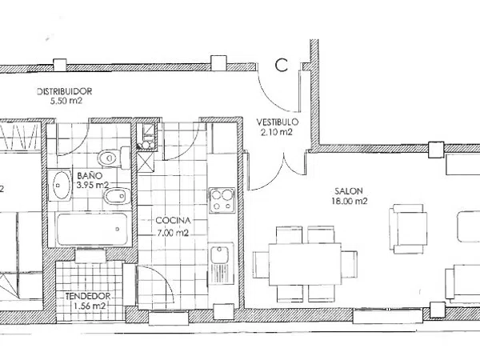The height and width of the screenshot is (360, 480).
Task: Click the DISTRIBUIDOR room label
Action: point(64,91)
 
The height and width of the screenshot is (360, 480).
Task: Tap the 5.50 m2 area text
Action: point(66,101)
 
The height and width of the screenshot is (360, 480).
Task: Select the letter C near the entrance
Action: point(282,66)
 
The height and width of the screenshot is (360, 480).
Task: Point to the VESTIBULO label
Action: point(278,122)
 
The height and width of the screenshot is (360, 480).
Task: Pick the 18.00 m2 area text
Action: point(350,201)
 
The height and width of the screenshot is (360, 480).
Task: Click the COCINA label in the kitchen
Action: point(173,221)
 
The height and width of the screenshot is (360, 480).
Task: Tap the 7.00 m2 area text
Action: point(173,233)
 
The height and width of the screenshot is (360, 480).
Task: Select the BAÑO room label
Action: point(90,176)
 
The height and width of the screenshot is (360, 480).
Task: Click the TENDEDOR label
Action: point(88,296)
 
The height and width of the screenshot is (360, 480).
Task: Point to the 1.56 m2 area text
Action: point(90,306)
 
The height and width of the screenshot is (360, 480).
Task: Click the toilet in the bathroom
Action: point(114,158)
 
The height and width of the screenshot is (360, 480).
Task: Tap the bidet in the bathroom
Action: point(118,196)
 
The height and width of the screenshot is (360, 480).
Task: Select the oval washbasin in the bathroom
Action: point(60,186)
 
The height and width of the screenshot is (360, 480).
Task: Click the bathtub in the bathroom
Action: point(92,230)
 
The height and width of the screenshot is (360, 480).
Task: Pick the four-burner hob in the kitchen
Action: point(222,200)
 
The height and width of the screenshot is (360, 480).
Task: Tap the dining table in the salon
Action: point(305,264)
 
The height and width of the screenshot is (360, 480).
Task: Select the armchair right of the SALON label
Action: point(408,229)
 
